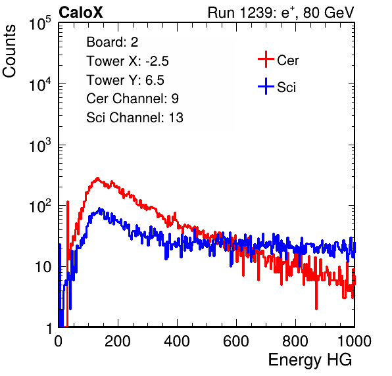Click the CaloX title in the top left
tap(81, 12)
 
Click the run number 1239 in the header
tap(256, 12)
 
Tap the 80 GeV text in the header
tap(328, 12)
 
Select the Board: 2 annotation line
tap(112, 42)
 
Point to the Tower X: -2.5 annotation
tap(128, 61)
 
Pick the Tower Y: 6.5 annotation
tap(125, 80)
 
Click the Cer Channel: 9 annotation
tap(132, 99)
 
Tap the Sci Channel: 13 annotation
tap(135, 118)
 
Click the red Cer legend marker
tap(266, 59)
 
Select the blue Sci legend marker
tap(266, 86)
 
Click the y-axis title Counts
tap(9, 51)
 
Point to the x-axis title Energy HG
tap(310, 360)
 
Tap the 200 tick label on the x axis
tap(118, 341)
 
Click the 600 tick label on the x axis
tap(236, 341)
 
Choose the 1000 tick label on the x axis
tap(355, 341)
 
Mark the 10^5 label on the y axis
tap(40, 24)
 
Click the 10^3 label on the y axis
tap(40, 146)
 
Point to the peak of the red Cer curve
tap(97, 178)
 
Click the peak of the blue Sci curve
tap(99, 208)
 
